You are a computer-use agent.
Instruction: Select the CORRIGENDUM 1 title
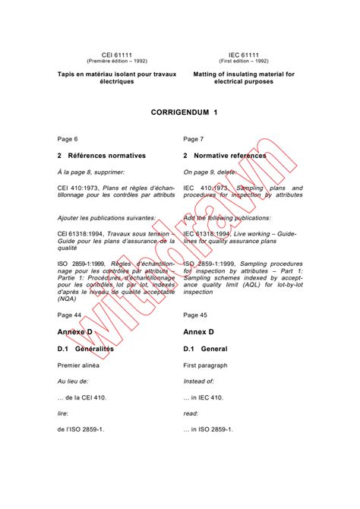coord(180,112)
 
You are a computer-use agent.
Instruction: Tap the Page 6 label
coord(68,139)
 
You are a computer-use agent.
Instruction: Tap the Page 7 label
coord(194,139)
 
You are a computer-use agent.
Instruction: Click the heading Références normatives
coord(106,156)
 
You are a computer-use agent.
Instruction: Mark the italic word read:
coord(191,413)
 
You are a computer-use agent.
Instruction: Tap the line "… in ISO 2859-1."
coord(209,429)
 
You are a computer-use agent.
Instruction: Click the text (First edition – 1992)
coord(243,61)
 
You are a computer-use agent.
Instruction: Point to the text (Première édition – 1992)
coord(117,61)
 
